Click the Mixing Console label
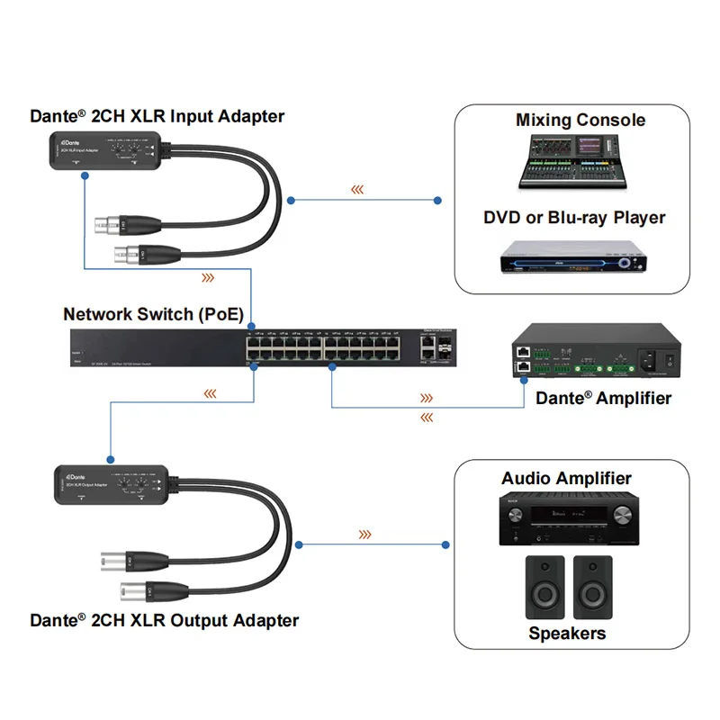[x=580, y=120]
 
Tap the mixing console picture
[x=573, y=162]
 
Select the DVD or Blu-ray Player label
[x=574, y=218]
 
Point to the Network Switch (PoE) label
[x=154, y=314]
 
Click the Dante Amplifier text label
[x=604, y=398]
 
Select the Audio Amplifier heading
[x=566, y=479]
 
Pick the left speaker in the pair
[x=544, y=586]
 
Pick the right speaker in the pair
[x=592, y=586]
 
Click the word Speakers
[x=567, y=634]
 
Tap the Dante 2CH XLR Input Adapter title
[x=157, y=116]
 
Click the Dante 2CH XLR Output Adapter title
[x=165, y=620]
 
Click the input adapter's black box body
[x=106, y=148]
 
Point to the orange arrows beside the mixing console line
[x=357, y=190]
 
